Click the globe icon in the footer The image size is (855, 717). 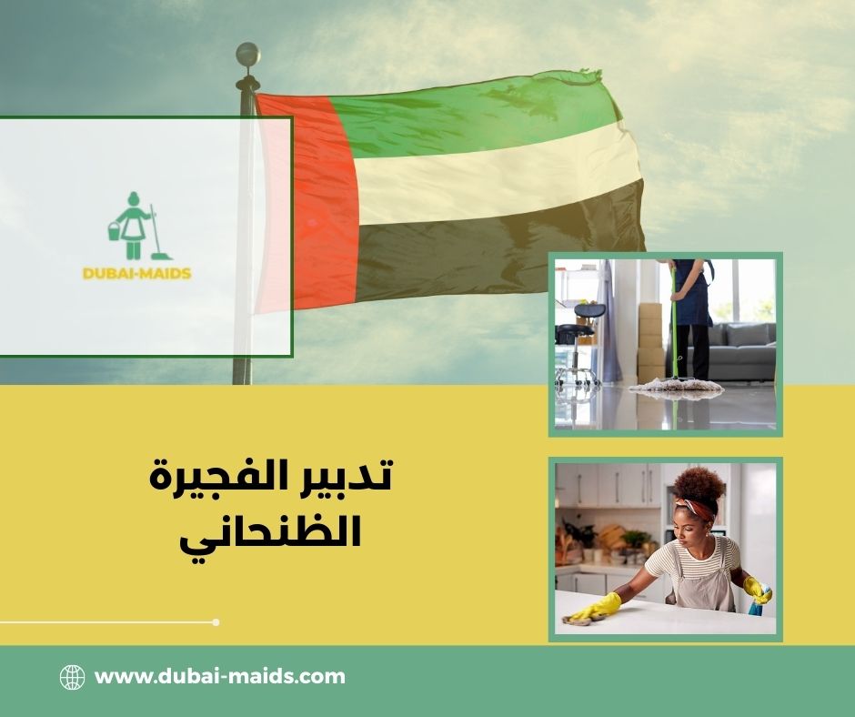pos(72,677)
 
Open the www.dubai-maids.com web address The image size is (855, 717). pos(220,677)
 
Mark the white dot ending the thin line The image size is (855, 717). pos(216,622)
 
